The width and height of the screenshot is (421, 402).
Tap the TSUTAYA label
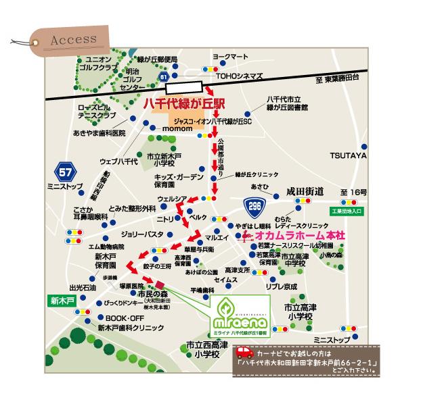[348, 155]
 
